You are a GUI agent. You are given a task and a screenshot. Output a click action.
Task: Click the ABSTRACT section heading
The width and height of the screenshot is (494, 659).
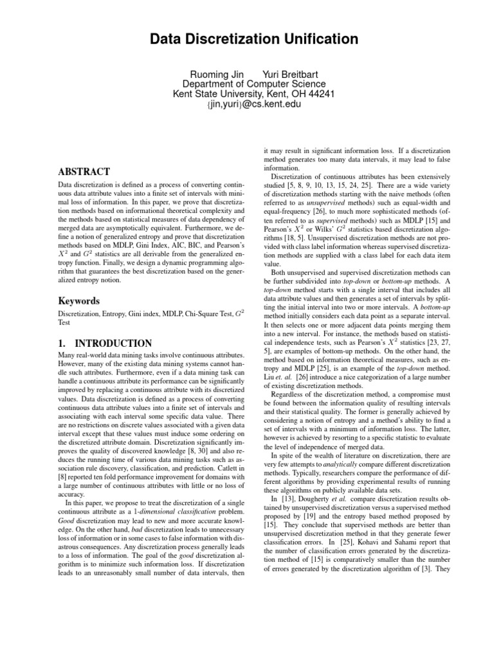coord(75,172)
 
